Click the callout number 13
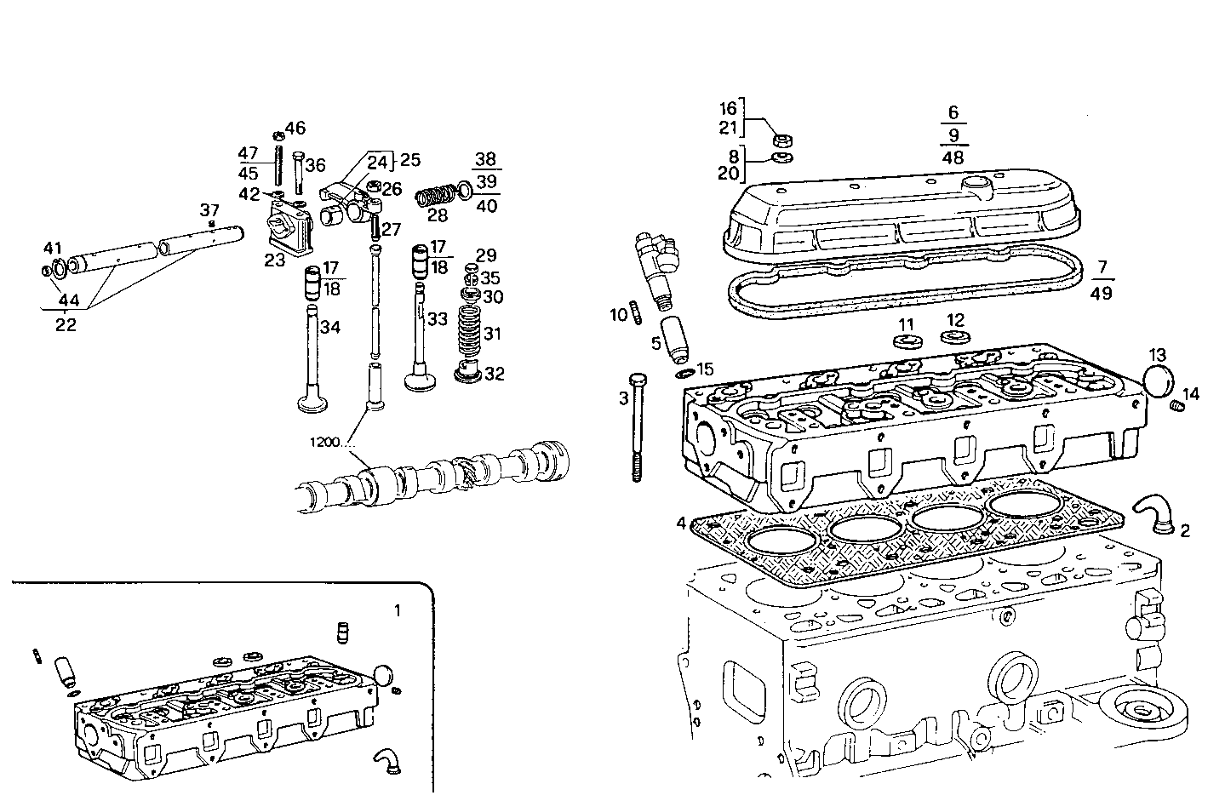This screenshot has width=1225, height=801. pos(1157,354)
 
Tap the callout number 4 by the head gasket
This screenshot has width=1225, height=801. pos(680,523)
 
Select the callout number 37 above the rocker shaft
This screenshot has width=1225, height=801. pos(209,209)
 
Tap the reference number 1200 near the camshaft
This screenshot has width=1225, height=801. pos(324,443)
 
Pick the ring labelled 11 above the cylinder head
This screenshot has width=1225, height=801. pos(907,342)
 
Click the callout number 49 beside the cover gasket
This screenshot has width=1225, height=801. pos(1102,294)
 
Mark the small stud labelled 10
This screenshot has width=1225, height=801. pos(636,312)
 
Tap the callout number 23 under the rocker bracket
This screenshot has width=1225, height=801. pos(274,260)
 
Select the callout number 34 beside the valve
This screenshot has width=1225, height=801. pos(330,327)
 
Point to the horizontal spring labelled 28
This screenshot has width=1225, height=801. pos(436,197)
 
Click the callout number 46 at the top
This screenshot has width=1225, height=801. pos(295,129)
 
